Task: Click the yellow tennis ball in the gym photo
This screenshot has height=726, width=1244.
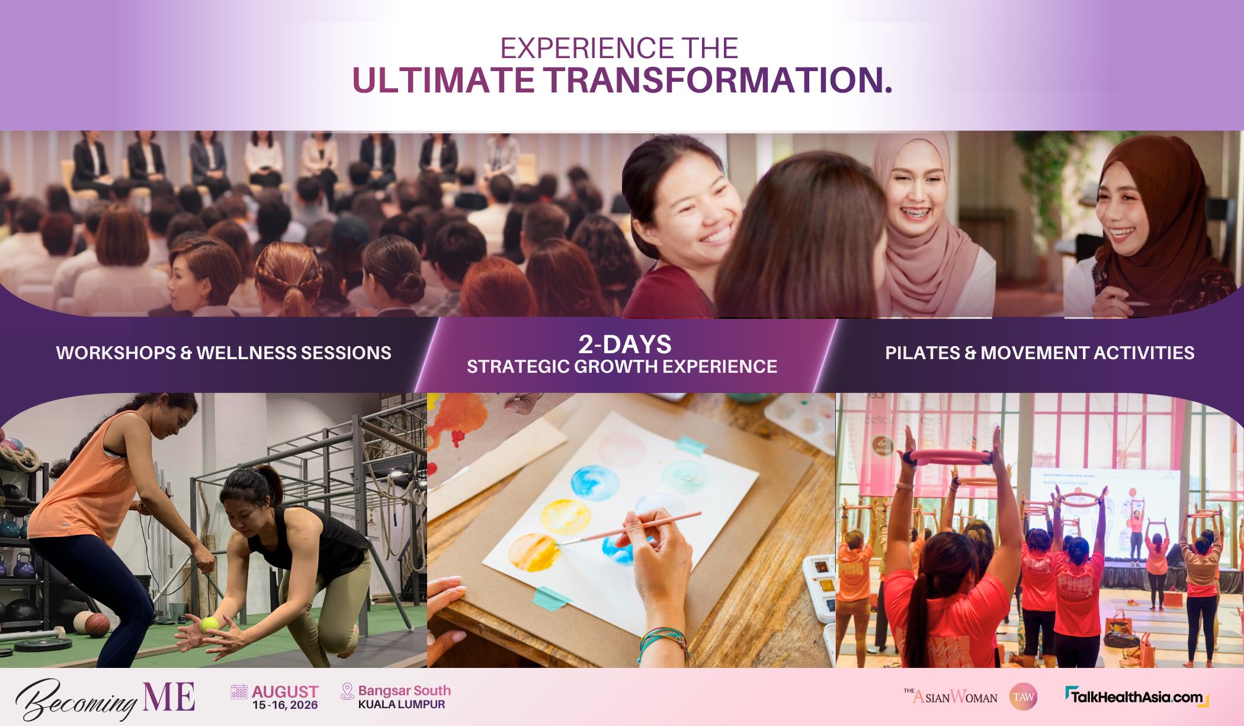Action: tap(210, 624)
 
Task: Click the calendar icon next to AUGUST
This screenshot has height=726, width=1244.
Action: tap(239, 692)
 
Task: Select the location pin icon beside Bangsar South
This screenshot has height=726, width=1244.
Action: tap(347, 692)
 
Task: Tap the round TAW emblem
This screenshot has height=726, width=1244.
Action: tap(1023, 698)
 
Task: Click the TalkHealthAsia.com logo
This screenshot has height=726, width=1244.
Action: tap(1136, 697)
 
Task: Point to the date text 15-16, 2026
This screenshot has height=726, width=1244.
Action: tap(285, 705)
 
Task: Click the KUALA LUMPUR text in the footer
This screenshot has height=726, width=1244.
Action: tap(402, 705)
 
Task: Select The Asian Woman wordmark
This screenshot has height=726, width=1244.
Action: tap(950, 696)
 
